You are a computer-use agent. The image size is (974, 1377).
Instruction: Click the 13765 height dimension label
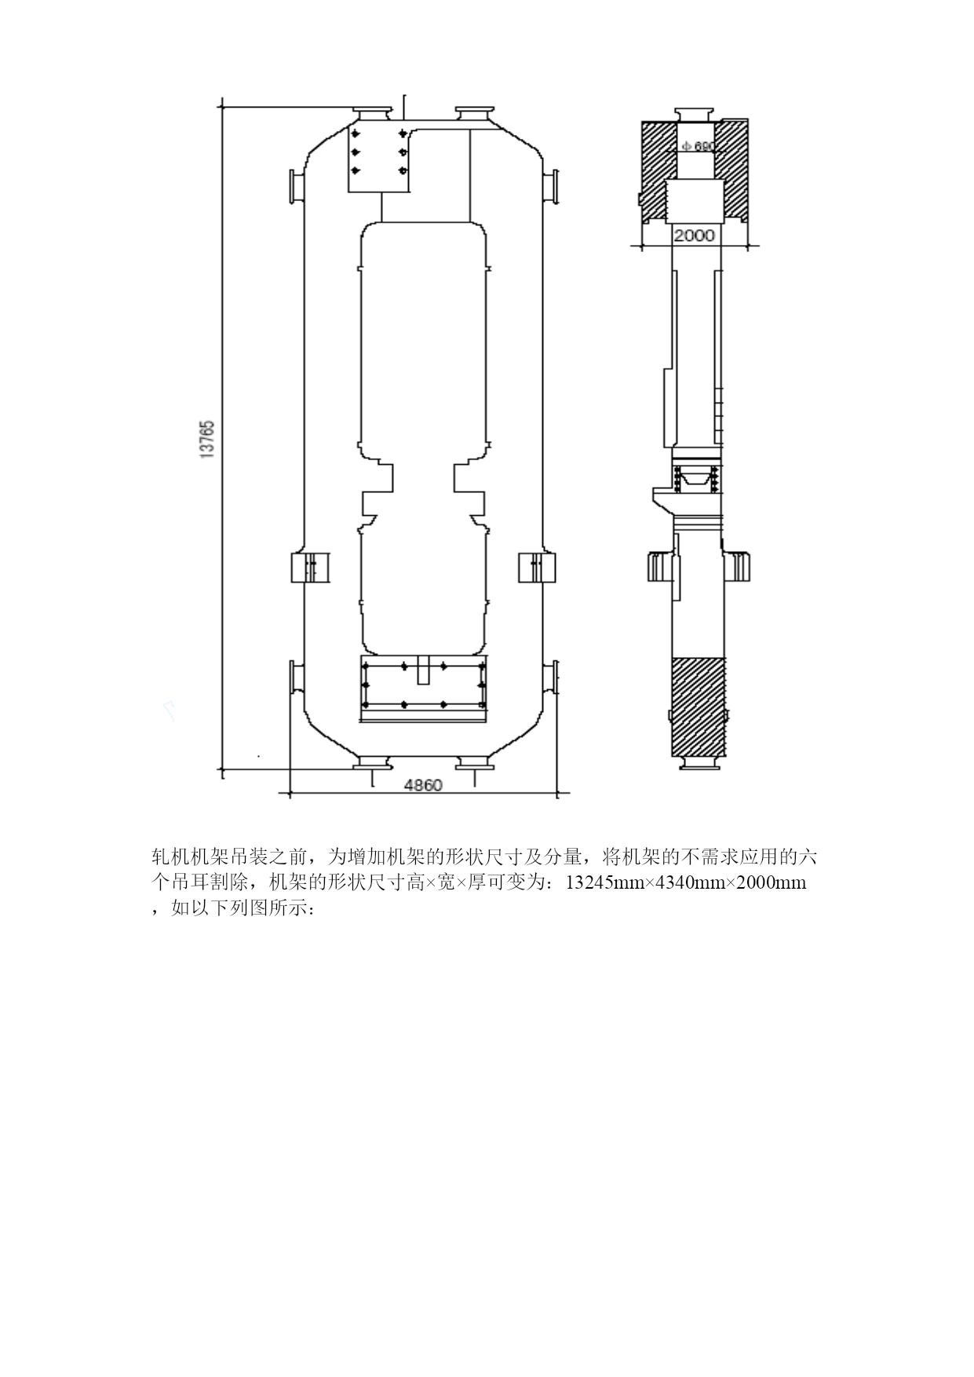207,440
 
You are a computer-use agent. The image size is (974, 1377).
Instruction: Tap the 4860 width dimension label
422,785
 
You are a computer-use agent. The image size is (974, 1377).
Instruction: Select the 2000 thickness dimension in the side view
695,235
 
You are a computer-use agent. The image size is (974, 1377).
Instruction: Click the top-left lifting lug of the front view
372,114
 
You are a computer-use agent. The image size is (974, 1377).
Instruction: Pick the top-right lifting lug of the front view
474,114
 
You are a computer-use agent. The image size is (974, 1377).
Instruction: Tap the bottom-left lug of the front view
372,761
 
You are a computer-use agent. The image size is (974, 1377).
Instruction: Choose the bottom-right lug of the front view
474,761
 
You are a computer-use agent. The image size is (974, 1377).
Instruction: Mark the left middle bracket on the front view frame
311,568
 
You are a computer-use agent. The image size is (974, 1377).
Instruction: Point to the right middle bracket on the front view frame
538,568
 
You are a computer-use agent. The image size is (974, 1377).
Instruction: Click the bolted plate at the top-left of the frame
379,157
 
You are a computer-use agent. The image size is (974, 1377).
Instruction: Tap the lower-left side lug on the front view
296,678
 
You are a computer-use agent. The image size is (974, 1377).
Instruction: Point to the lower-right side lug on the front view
550,678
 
